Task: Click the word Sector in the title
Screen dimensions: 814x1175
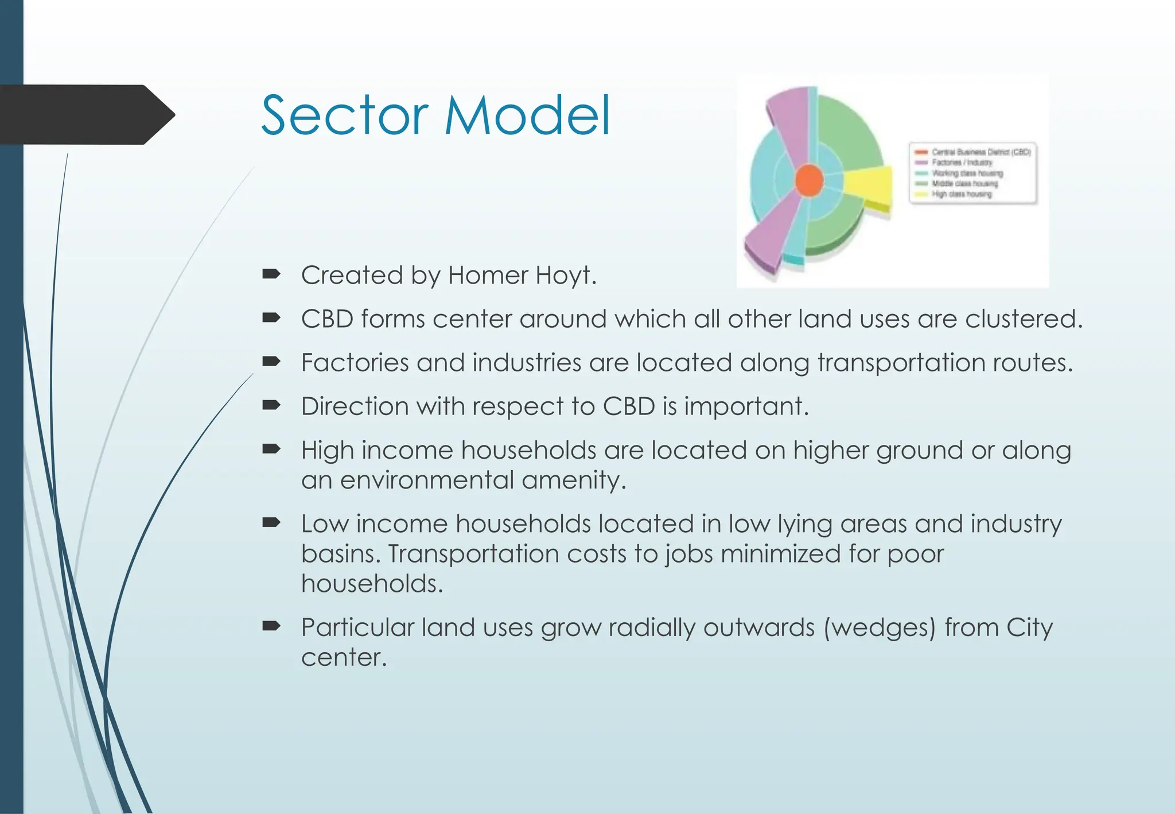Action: (x=344, y=116)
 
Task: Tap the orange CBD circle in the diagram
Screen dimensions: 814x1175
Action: (x=809, y=180)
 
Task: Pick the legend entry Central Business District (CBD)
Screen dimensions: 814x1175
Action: (x=981, y=152)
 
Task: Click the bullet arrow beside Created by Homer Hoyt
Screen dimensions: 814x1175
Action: (x=271, y=274)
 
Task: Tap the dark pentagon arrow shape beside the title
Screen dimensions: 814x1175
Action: (x=86, y=115)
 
